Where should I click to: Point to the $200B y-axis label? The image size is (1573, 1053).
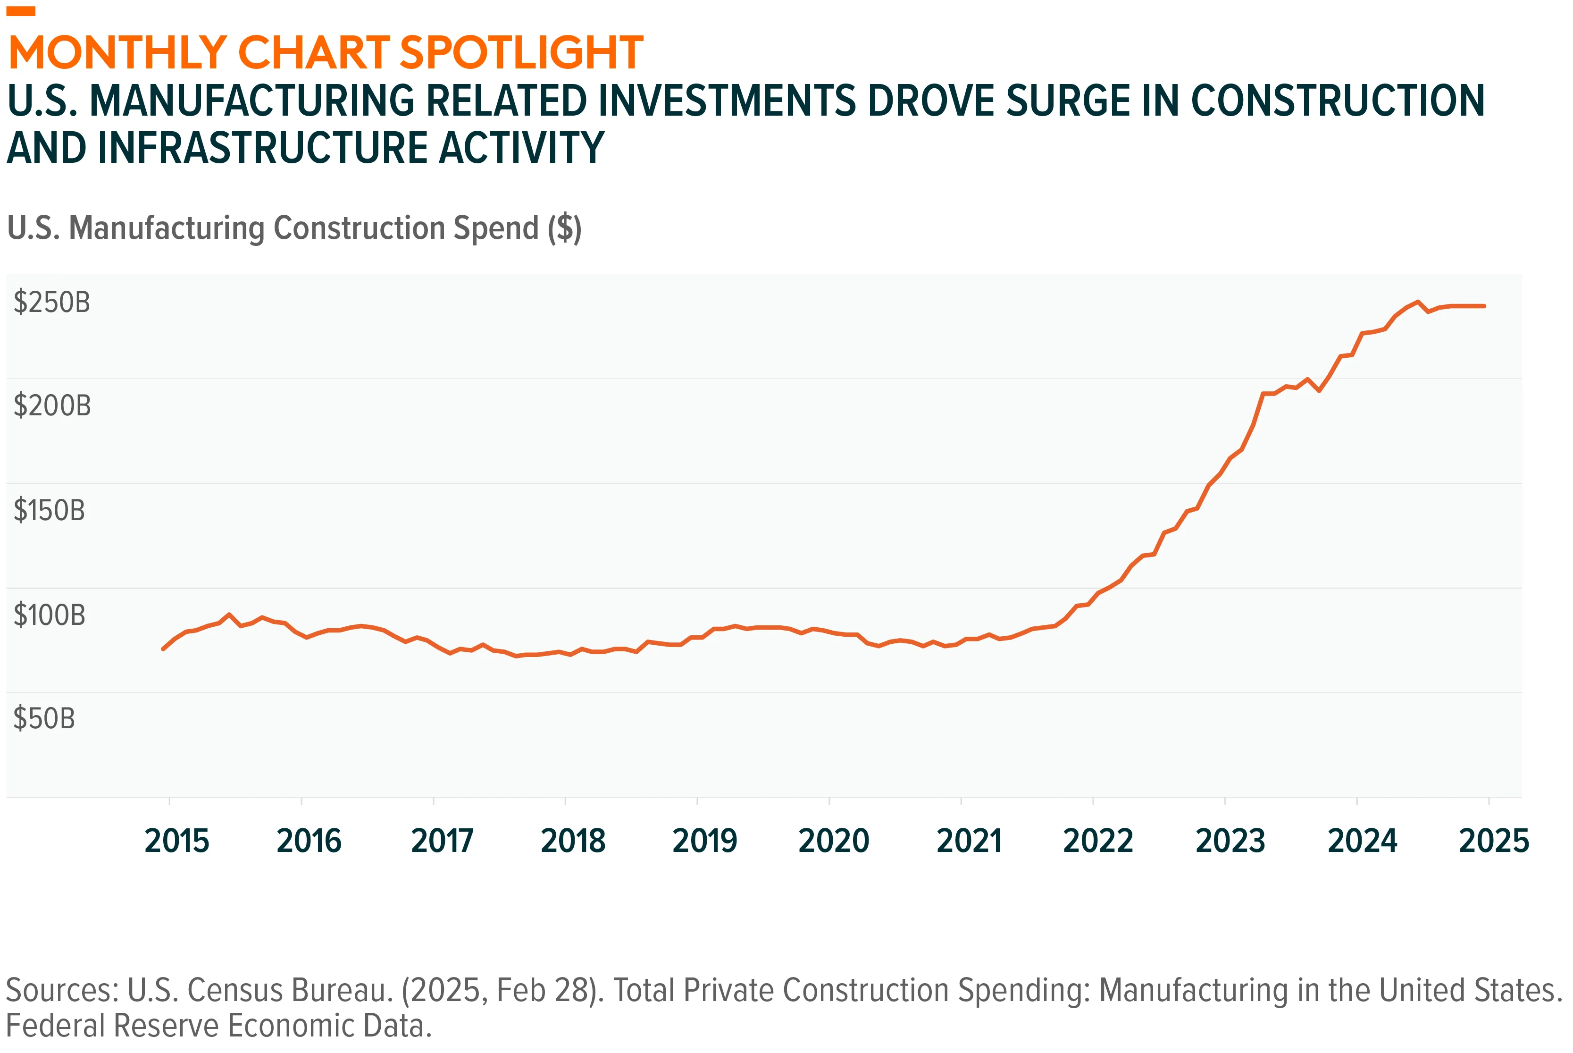52,405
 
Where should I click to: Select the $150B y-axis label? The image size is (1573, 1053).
50,510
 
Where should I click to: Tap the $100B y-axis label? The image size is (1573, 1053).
50,615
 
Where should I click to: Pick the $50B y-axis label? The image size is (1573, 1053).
44,718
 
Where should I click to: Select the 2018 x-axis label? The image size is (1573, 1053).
573,841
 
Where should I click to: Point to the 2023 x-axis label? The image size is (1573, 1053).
1230,841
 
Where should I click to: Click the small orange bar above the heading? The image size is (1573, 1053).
21,11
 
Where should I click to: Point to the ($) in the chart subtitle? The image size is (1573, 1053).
564,228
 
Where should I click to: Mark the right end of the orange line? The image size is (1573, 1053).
1484,306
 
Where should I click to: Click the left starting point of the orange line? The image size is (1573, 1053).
163,649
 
